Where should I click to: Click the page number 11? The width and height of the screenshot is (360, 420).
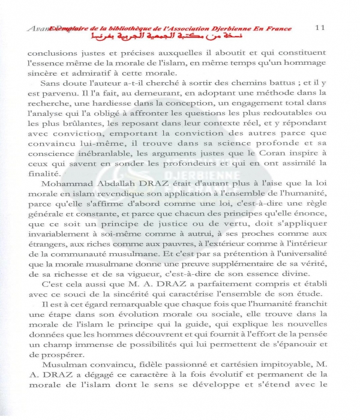tap(320, 28)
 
